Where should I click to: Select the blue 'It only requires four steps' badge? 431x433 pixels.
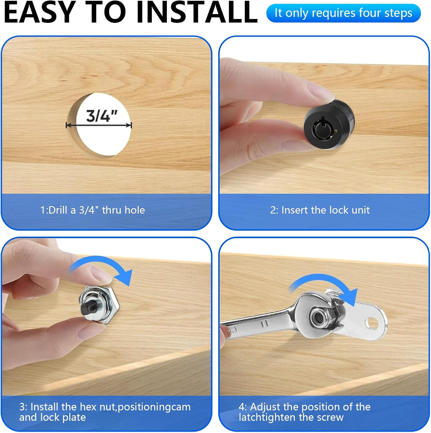point(344,13)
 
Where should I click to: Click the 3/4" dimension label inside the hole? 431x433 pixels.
point(102,116)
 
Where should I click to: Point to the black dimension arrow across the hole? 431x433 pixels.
point(99,125)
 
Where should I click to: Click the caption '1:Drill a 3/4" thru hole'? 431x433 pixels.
point(93,210)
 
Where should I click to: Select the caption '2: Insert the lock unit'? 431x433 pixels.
point(320,210)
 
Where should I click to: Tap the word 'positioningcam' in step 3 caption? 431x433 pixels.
point(154,407)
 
